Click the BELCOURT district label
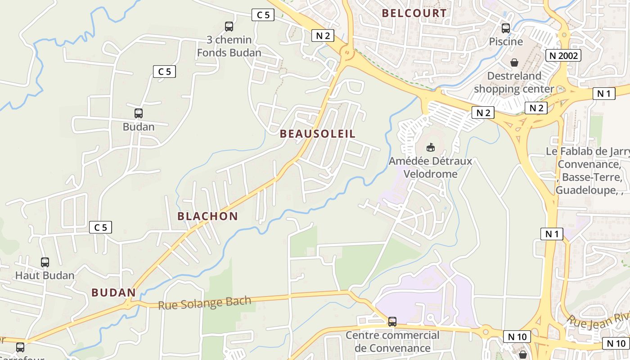(414, 13)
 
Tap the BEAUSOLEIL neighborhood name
(318, 134)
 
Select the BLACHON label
(207, 216)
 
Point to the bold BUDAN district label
(113, 292)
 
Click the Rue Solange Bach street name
(204, 303)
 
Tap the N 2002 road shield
(563, 55)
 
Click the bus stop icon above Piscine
(506, 28)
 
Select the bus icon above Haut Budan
(45, 262)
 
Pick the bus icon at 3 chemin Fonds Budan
(229, 27)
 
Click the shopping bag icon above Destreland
(514, 63)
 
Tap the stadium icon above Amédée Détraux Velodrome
(431, 147)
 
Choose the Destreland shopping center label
(514, 82)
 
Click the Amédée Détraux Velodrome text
(431, 167)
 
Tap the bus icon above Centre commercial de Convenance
(392, 322)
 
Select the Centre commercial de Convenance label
(392, 342)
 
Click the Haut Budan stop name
(45, 275)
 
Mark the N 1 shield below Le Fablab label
(552, 234)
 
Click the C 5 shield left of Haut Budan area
(101, 227)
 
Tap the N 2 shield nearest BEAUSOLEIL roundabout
(323, 36)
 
